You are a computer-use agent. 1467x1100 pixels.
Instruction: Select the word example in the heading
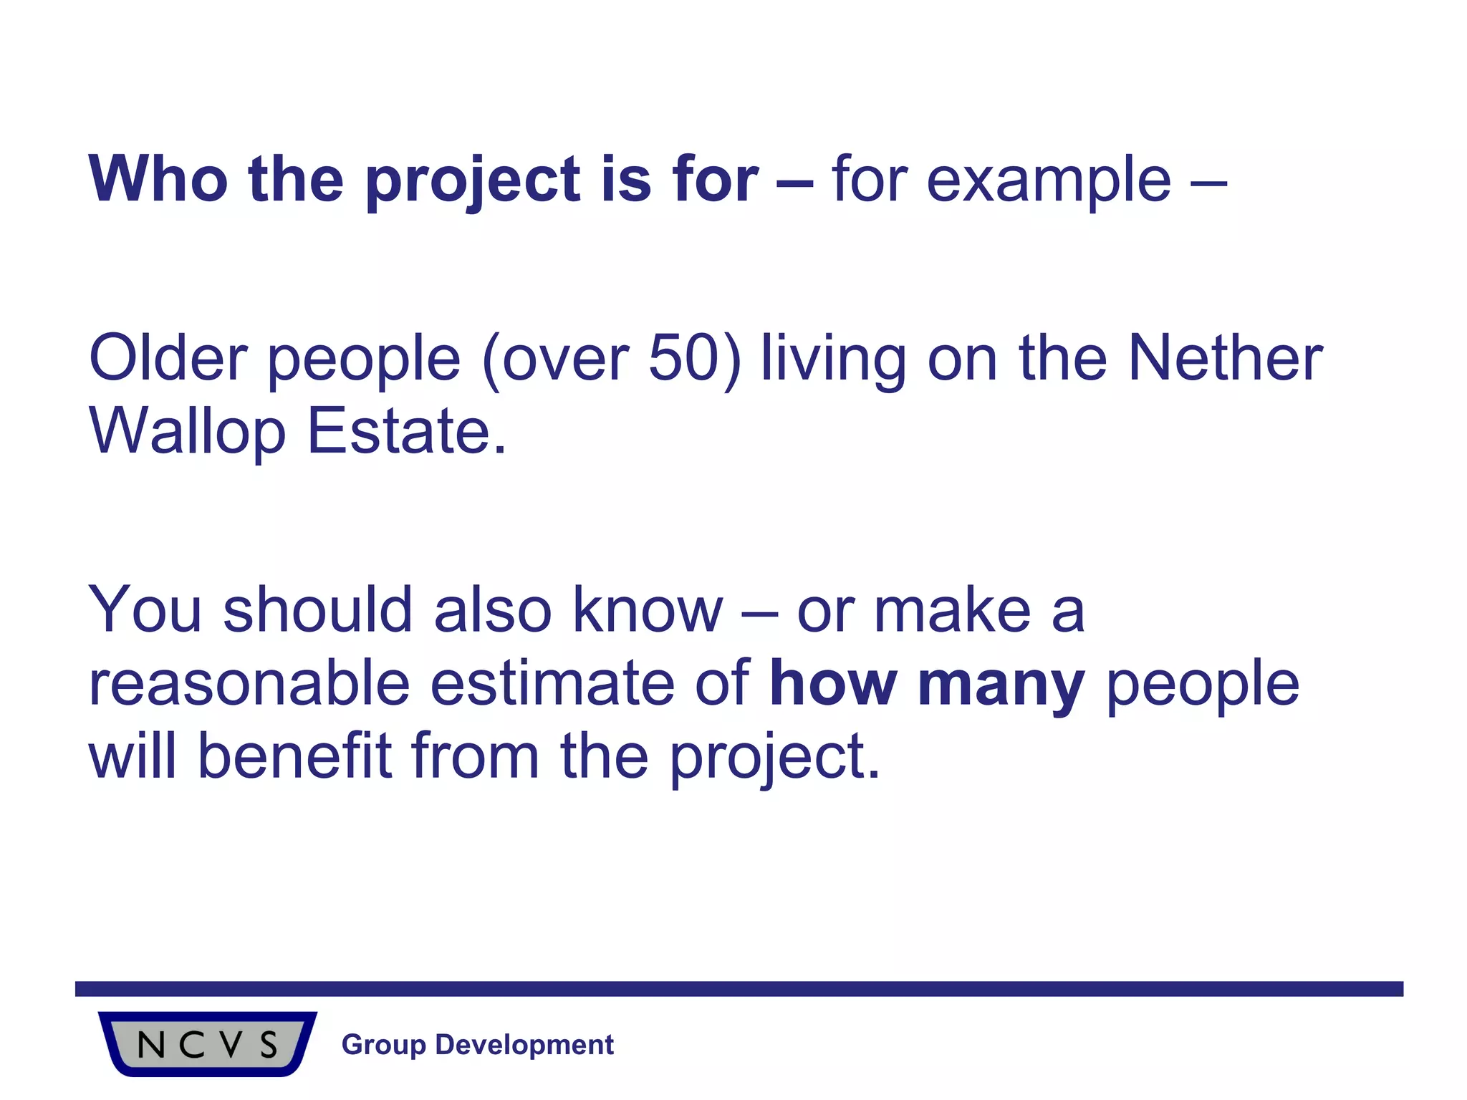1049,180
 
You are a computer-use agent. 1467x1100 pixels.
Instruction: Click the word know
648,610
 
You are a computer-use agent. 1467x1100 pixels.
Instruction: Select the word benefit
294,757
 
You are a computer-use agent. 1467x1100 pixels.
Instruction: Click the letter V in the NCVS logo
231,1046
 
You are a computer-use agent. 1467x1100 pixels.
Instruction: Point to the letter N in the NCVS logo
151,1046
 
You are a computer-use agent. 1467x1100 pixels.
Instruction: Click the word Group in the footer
384,1045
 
